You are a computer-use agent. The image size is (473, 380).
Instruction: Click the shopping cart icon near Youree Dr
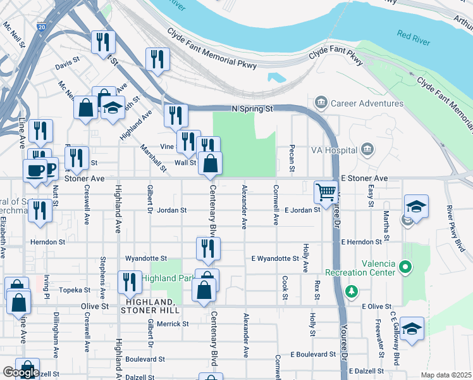(x=326, y=191)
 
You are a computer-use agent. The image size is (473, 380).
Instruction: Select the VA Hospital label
(x=333, y=151)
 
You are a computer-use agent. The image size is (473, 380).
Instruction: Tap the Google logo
(x=21, y=372)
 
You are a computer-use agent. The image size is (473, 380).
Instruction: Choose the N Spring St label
(x=252, y=108)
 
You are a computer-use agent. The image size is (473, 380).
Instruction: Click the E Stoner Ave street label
(x=364, y=179)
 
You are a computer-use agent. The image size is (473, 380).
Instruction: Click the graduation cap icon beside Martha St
(x=416, y=206)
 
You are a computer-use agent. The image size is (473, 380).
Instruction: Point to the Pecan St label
(x=292, y=160)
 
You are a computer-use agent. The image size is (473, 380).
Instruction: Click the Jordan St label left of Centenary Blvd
(x=172, y=210)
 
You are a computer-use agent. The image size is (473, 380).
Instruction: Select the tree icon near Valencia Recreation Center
(x=352, y=291)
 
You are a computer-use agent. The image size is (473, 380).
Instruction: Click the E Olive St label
(x=376, y=306)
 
